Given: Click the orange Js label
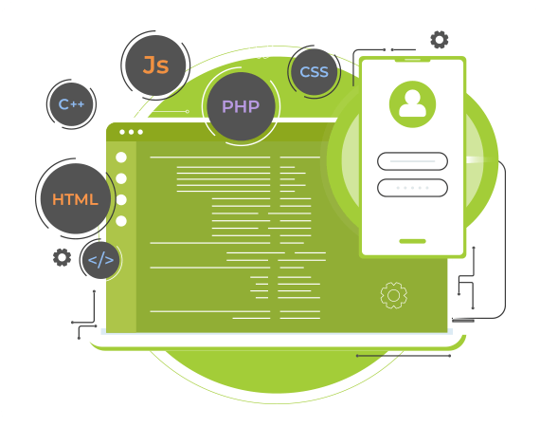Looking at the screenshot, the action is pos(156,65).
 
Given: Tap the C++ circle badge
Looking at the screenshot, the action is pos(71,104).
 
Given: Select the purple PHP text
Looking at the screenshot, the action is pos(241,106).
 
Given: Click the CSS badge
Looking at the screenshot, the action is pos(315,72).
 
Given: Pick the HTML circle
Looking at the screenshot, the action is pos(76,199).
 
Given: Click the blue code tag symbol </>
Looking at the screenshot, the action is pos(101,260).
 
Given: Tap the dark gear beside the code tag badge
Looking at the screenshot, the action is pos(62,257).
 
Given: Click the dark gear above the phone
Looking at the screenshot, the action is pos(440,39).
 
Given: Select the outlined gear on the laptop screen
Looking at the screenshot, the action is pos(394,295).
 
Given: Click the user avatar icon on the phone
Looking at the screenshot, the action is pos(412,104).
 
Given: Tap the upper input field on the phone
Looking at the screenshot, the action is pos(412,161).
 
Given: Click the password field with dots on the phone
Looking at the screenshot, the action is pos(412,188).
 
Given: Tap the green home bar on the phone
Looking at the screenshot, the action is pos(412,241).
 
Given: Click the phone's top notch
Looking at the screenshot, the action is pos(412,60).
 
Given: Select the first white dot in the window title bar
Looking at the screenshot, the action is pos(122,132).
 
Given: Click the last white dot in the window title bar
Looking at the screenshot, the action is pos(140,132).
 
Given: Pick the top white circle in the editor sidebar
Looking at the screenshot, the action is pos(121,158).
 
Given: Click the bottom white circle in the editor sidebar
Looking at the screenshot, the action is pos(121,221).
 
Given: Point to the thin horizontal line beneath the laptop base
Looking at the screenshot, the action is pos(404,356).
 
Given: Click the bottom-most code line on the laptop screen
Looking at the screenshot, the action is pos(277,318).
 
